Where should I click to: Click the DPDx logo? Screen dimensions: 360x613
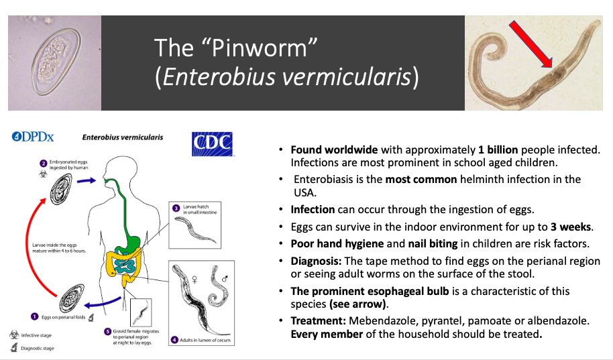coord(33,137)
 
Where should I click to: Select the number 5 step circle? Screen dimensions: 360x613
coord(107,331)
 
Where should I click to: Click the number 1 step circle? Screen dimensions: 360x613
coord(34,316)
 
